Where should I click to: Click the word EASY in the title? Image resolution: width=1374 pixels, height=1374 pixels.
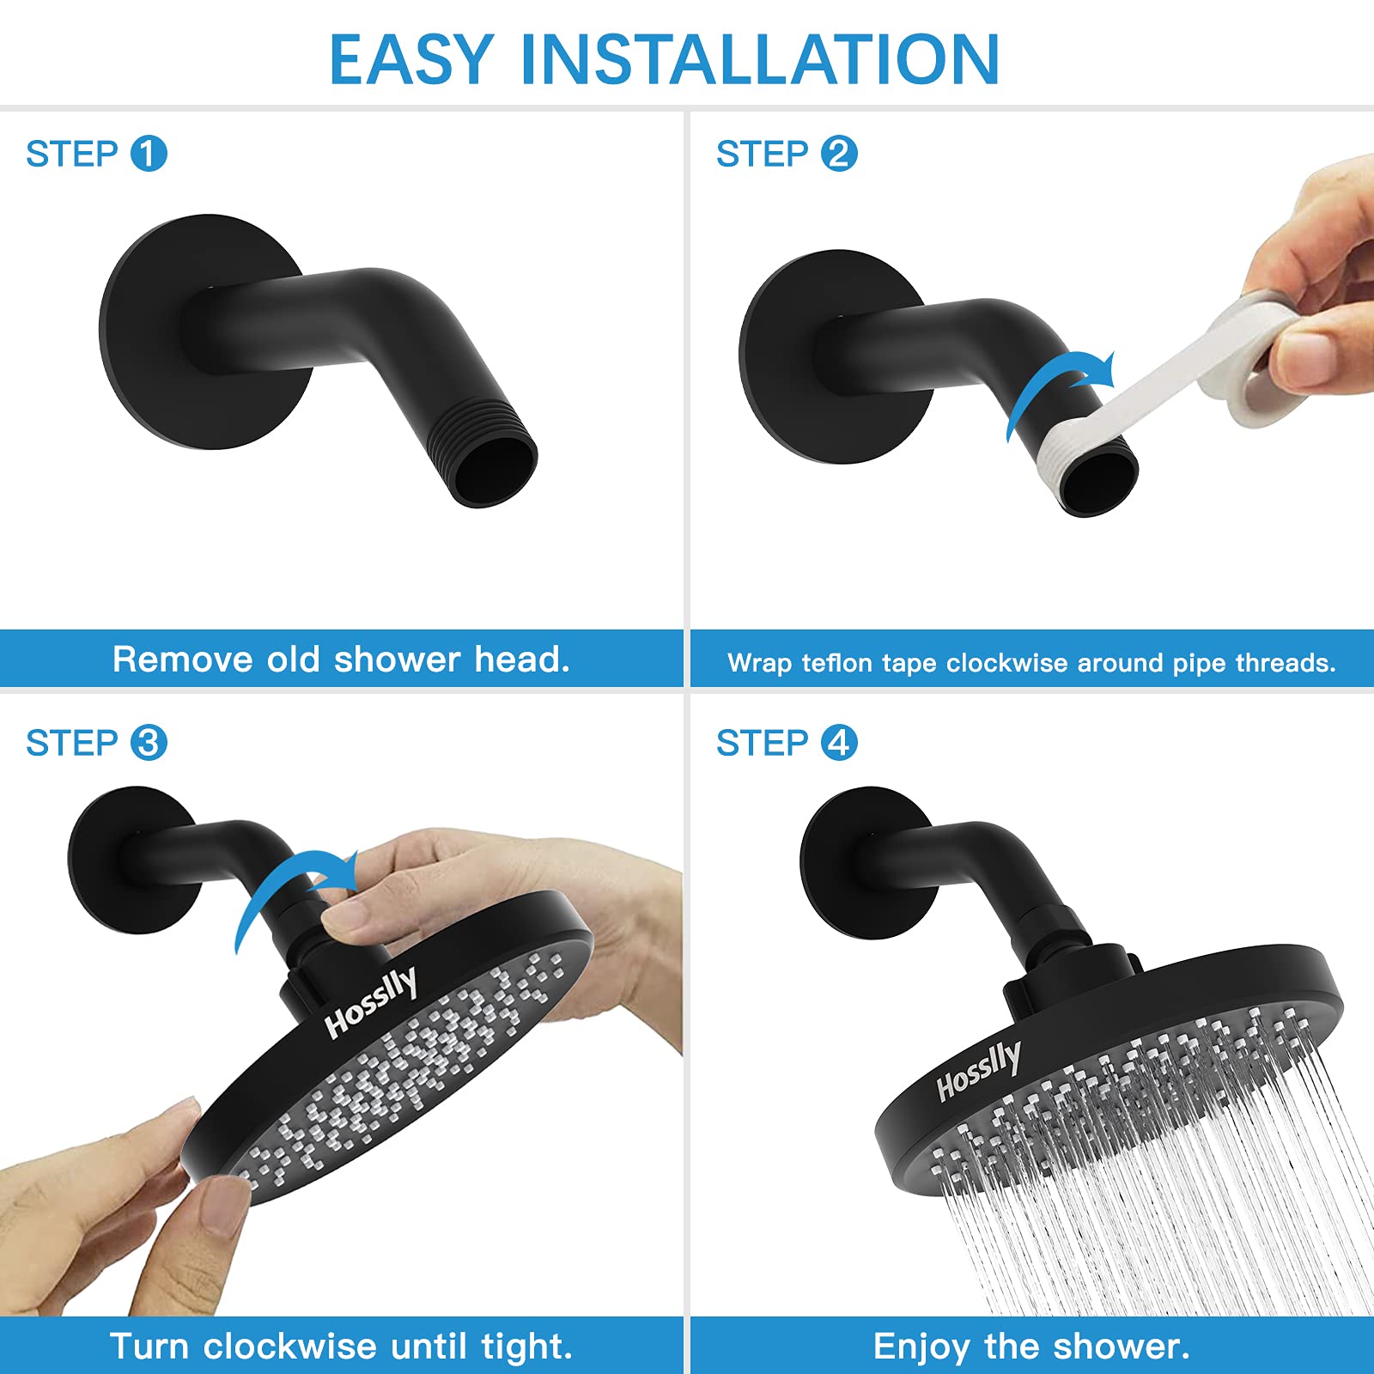point(411,59)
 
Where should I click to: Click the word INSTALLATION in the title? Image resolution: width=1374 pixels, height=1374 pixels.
point(761,59)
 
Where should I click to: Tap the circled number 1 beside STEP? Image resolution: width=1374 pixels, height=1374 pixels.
point(149,154)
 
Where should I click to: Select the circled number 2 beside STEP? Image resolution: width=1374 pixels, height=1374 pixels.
point(839,154)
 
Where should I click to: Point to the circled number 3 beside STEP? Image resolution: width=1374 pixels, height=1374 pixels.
point(149,743)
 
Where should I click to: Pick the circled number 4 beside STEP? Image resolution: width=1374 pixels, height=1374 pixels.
point(839,743)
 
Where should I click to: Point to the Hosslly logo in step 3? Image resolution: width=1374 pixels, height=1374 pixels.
point(371,1002)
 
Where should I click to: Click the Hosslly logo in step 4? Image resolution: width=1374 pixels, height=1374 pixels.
point(979,1070)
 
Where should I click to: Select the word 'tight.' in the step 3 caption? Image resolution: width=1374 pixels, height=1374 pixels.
point(526,1347)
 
